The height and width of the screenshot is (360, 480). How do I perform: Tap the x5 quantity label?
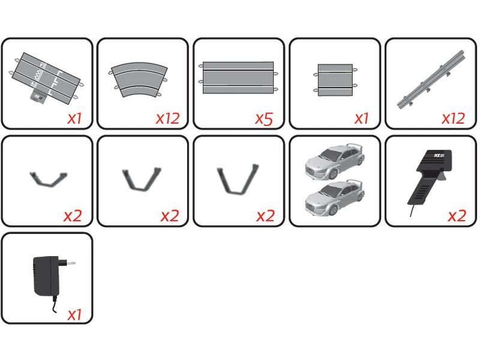pyautogui.click(x=264, y=118)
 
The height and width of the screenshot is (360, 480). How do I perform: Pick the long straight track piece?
pyautogui.click(x=238, y=77)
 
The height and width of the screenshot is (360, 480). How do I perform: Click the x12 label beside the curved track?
pyautogui.click(x=167, y=118)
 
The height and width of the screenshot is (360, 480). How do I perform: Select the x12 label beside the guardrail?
pyautogui.click(x=454, y=118)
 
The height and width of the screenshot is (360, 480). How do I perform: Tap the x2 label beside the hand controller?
pyautogui.click(x=457, y=215)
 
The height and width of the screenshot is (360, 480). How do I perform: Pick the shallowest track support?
pyautogui.click(x=49, y=178)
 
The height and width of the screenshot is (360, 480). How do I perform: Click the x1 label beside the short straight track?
pyautogui.click(x=361, y=118)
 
